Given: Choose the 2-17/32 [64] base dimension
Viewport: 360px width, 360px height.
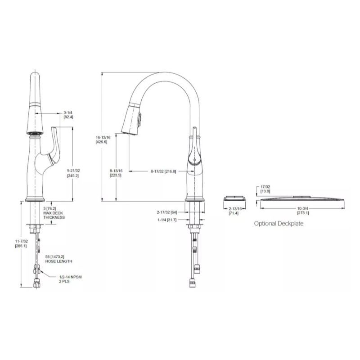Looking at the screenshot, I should (x=166, y=211).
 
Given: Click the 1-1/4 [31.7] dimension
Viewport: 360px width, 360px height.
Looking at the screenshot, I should (x=166, y=220).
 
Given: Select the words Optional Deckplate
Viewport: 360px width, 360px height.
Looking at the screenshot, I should (x=279, y=223).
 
